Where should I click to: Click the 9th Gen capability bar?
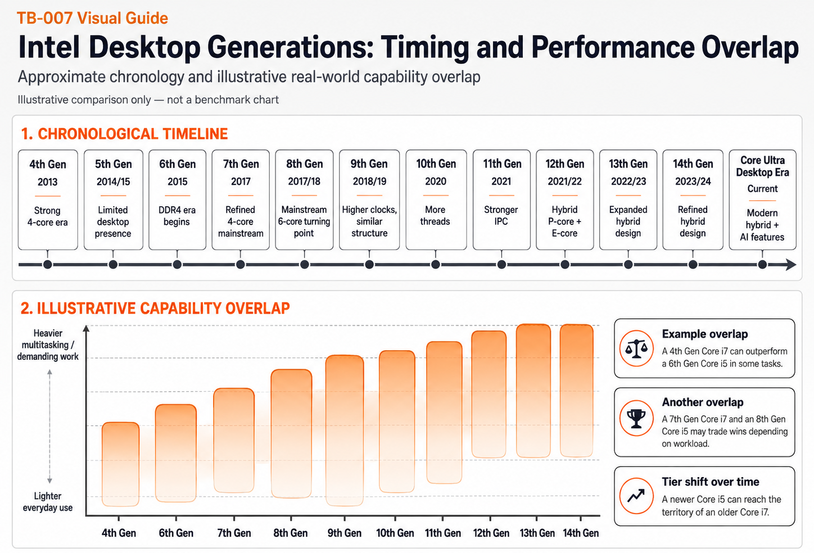pos(345,430)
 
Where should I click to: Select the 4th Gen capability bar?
pos(121,464)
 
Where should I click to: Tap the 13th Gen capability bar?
pos(533,391)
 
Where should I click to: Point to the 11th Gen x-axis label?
pos(443,533)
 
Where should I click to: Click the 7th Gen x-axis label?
pos(234,533)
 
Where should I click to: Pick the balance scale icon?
pos(636,348)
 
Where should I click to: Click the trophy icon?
pos(636,418)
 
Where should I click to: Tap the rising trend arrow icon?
pos(636,495)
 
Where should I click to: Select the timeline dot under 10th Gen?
pos(435,265)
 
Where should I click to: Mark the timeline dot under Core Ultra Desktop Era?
pos(762,265)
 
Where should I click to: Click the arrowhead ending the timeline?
pos(791,265)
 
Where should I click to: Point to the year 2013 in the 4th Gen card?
pos(48,182)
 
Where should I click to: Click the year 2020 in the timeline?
pos(436,181)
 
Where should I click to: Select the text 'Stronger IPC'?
pos(501,215)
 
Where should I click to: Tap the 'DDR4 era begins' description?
pos(177,216)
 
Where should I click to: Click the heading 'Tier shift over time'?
pos(711,482)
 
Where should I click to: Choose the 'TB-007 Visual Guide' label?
pos(92,18)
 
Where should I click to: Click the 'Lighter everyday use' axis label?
pos(48,502)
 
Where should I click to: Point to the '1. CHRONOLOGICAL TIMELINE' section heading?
pos(124,134)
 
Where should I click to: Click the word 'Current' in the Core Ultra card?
pos(762,189)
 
